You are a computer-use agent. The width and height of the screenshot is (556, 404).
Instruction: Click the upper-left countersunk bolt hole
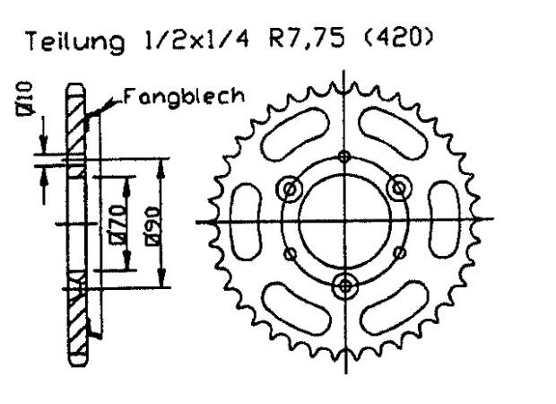click(x=290, y=189)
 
